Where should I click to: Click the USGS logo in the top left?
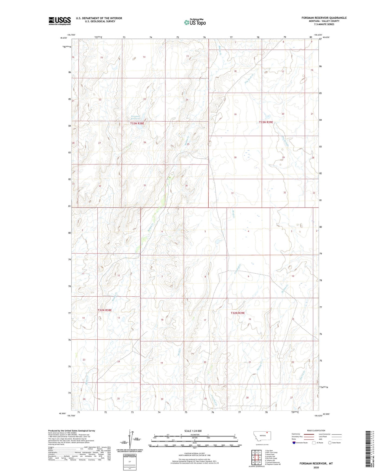(x=60, y=21)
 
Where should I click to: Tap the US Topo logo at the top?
(x=195, y=22)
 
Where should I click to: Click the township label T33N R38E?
(x=137, y=123)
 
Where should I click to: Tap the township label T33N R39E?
(x=266, y=122)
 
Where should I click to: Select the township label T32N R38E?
(x=105, y=310)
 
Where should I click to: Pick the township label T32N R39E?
(x=238, y=313)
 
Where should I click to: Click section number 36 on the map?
(x=186, y=186)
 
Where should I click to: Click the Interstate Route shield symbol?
(x=294, y=443)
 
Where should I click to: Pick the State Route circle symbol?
(x=330, y=443)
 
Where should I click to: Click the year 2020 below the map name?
(x=316, y=467)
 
